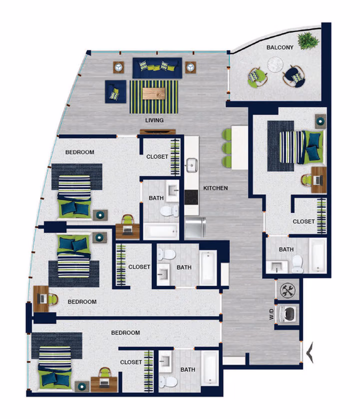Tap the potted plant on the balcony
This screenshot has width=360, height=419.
pos(308,39)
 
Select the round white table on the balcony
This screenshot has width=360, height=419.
pos(275,64)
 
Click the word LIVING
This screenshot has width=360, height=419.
pos(154,120)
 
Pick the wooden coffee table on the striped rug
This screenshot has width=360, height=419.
pos(154,93)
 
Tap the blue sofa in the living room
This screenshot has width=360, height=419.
pos(156,68)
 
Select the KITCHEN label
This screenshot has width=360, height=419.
pos(216,189)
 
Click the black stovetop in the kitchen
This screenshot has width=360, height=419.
pos(191,197)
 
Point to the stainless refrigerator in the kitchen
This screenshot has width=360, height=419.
pos(195,227)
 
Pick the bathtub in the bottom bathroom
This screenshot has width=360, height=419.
pos(210,367)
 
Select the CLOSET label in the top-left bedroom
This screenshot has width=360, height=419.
pos(157,157)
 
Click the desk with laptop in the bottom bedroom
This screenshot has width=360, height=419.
pos(105,382)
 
